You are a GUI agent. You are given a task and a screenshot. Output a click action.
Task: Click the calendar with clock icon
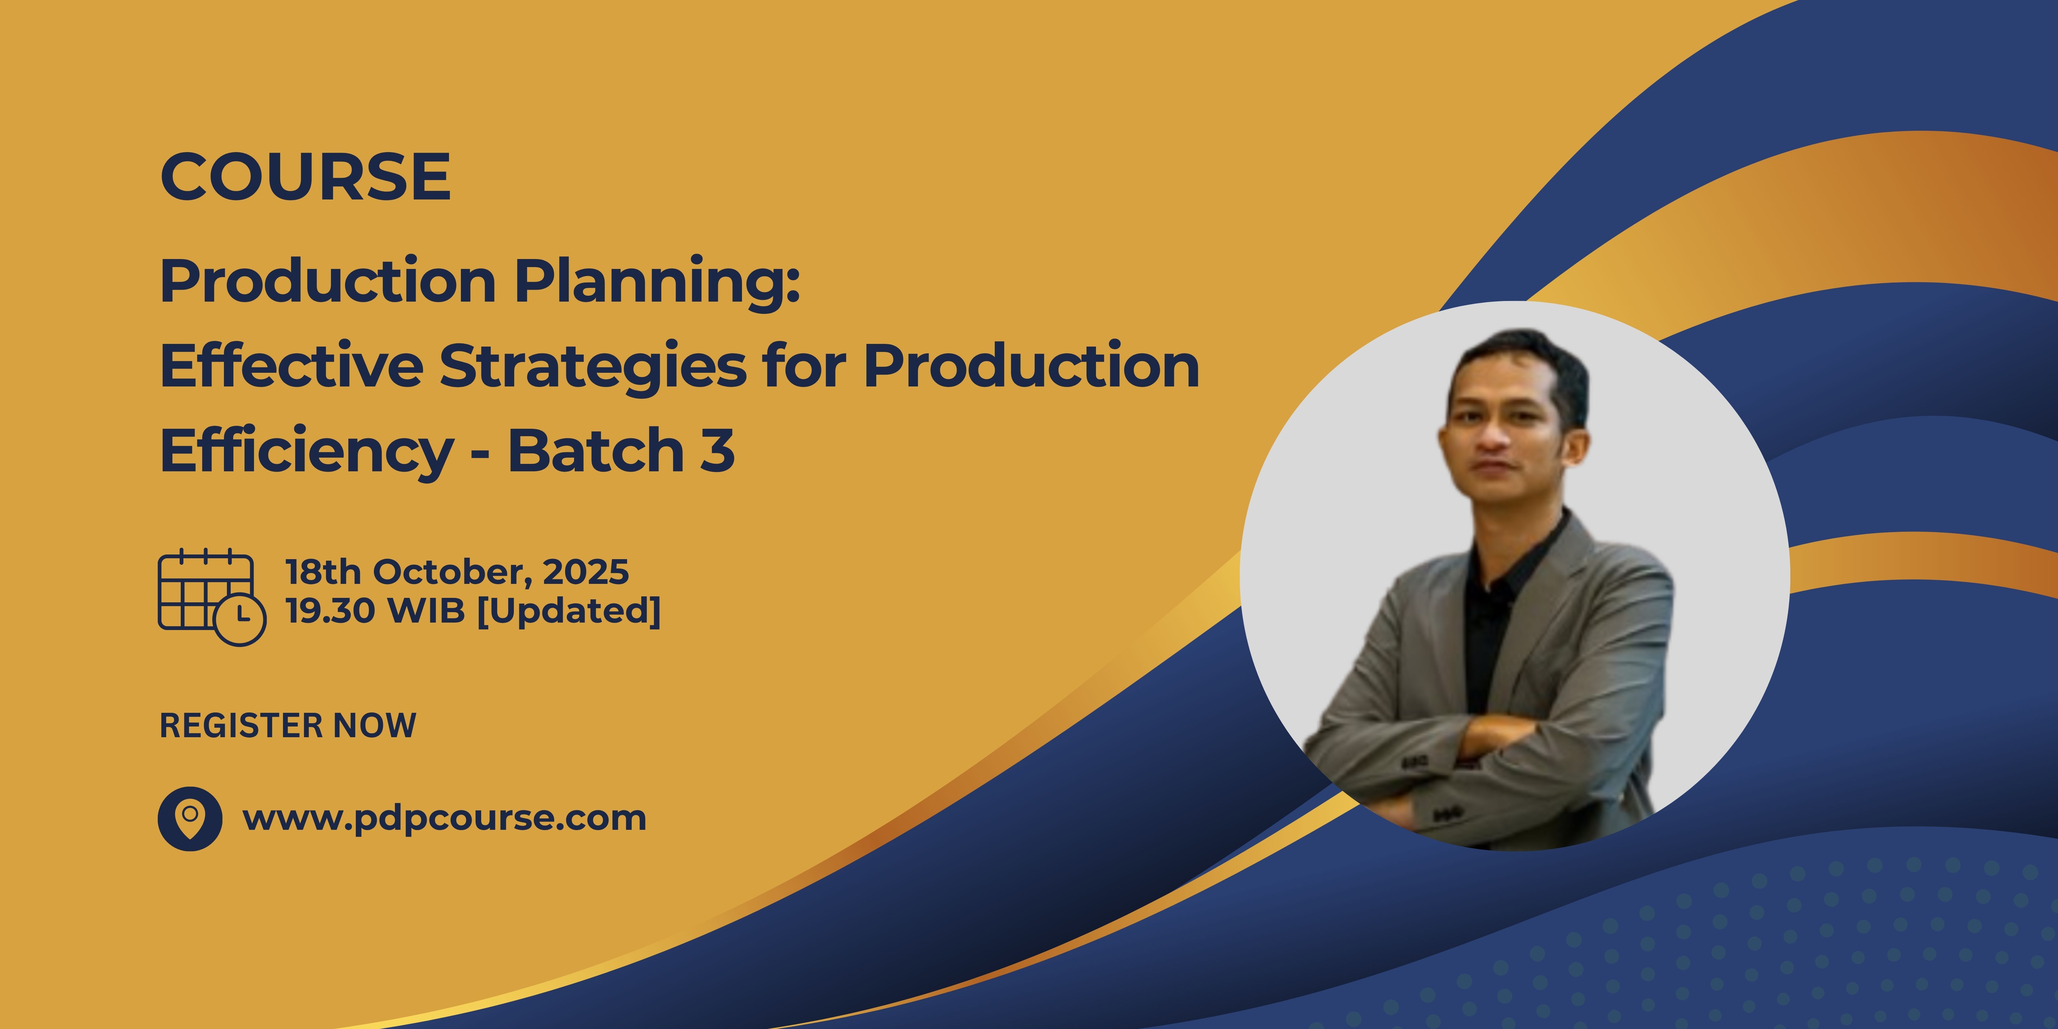212,597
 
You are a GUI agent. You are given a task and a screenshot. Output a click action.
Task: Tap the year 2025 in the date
586,572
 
